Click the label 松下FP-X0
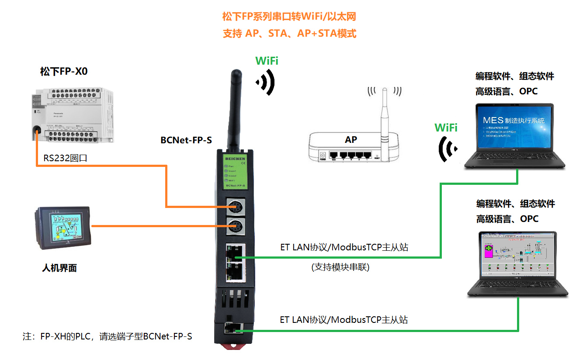[64, 71]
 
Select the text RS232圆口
[65, 158]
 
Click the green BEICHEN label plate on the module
[235, 170]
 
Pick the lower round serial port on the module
[235, 227]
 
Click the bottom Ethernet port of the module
[229, 328]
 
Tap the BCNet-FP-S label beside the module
[186, 140]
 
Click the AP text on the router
[350, 140]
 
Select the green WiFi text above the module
[267, 61]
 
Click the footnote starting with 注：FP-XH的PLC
[108, 336]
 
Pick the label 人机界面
[59, 268]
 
